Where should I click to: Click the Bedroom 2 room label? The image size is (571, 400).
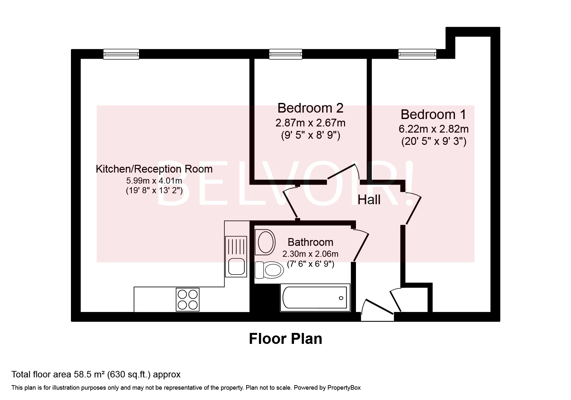click(310, 108)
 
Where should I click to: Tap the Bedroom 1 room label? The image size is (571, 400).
click(433, 115)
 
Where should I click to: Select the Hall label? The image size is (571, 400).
click(369, 200)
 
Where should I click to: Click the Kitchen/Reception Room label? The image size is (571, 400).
click(154, 169)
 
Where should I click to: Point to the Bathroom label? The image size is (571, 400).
click(310, 242)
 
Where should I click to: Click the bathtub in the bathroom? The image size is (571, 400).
click(315, 297)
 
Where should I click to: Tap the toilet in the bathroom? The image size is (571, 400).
click(270, 270)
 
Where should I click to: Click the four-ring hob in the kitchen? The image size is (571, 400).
click(187, 299)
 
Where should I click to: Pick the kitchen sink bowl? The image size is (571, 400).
click(236, 266)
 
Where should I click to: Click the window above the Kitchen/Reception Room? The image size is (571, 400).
click(121, 54)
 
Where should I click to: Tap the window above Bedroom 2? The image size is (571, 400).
click(286, 54)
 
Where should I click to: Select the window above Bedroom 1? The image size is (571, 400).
click(417, 54)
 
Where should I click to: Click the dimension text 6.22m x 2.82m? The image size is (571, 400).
click(433, 129)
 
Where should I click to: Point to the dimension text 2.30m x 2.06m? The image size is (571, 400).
click(310, 254)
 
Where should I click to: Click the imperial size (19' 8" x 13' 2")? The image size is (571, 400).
click(154, 190)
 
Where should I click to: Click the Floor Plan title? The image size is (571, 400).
click(285, 339)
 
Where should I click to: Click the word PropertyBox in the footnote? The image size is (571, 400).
click(344, 388)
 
